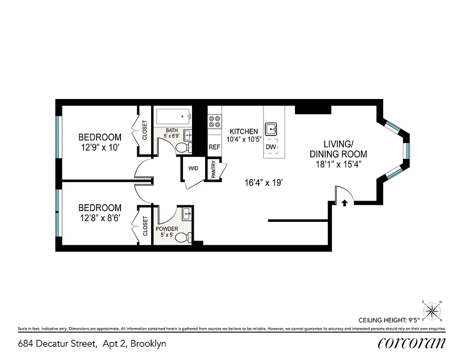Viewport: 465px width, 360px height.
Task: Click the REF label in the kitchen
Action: click(214, 147)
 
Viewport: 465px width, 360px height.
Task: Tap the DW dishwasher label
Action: click(270, 147)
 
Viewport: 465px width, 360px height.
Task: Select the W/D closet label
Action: click(193, 169)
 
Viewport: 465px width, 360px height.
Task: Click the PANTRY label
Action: click(214, 170)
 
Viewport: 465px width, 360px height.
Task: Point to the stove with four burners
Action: click(214, 121)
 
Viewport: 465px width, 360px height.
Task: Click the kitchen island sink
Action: click(271, 129)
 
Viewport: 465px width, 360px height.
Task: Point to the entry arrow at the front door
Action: click(344, 203)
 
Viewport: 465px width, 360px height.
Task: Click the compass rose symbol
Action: click(433, 310)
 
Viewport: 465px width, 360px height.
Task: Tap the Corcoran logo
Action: click(411, 343)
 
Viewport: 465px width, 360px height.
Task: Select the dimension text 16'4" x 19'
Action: click(264, 183)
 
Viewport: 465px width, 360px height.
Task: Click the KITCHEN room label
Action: click(243, 131)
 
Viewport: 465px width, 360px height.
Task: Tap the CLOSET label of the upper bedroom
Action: click(145, 130)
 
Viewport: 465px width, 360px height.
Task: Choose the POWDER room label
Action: click(167, 229)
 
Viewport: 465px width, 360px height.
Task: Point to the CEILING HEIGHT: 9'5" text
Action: click(389, 320)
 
